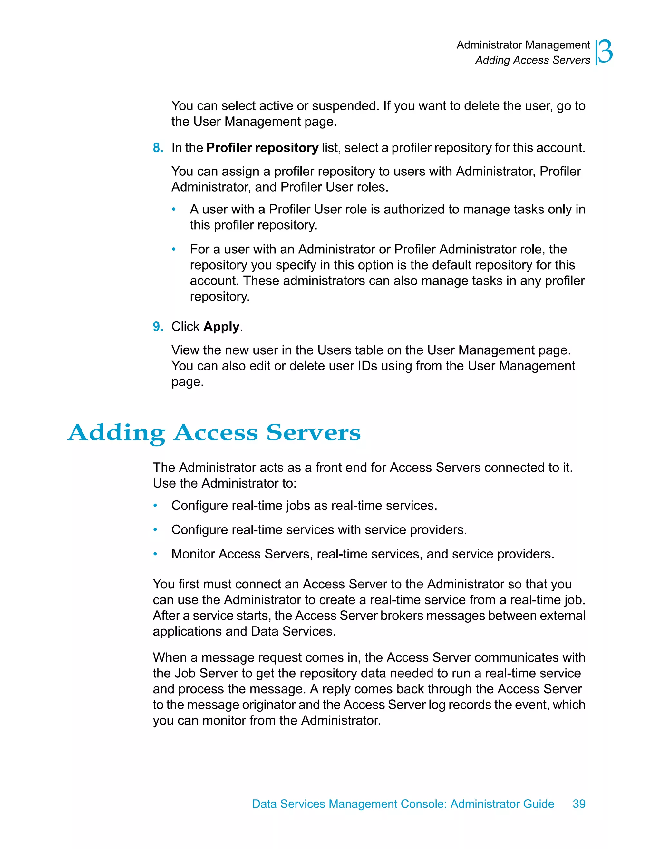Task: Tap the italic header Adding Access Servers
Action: (x=533, y=60)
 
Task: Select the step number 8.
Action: (x=157, y=148)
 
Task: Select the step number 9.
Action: (x=157, y=327)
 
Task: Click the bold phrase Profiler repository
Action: (x=262, y=148)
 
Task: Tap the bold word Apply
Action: (x=221, y=327)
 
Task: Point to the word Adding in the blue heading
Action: (x=117, y=433)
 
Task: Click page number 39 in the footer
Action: (x=579, y=804)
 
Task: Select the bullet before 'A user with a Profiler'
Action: (x=174, y=210)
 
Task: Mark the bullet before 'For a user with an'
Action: (x=174, y=250)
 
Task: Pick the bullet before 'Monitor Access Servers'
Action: (x=155, y=554)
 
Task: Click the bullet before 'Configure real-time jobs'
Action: (x=155, y=506)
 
